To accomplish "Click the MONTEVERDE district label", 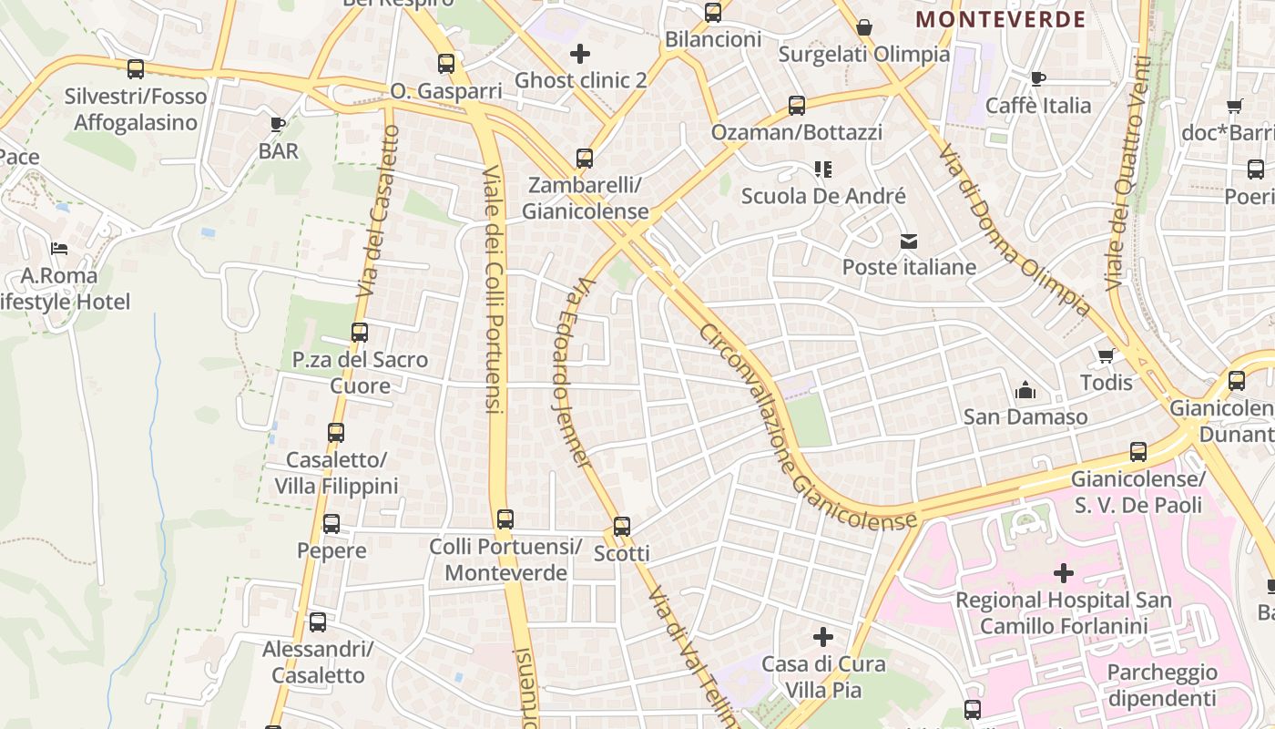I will coord(1000,19).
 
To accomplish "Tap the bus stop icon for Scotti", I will coord(622,527).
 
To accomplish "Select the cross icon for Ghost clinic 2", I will coord(580,54).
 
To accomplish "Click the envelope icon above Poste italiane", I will coord(909,241).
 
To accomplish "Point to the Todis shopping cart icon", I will coord(1106,356).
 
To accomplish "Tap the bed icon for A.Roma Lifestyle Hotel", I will coord(59,248).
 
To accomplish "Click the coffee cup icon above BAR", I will coord(278,124).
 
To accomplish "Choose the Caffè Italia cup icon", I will coord(1037,79).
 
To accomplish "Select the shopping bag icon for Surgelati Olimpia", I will coord(864,27).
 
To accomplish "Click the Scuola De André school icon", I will coord(823,169).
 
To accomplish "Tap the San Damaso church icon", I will coord(1025,391).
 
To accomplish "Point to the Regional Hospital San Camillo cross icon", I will coord(1063,573).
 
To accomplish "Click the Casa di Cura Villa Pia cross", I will coord(823,637).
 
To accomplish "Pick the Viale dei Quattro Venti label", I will coord(1128,173).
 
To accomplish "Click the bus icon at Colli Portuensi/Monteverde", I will coord(505,519).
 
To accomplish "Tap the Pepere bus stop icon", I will coord(331,524).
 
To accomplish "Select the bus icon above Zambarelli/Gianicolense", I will coord(585,159).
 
